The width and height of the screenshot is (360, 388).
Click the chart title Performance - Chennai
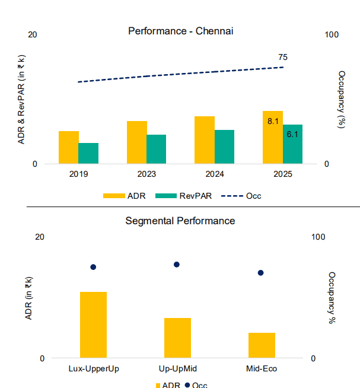(x=180, y=31)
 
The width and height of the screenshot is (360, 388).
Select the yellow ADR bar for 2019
(x=69, y=148)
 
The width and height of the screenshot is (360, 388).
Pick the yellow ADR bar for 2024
(x=205, y=141)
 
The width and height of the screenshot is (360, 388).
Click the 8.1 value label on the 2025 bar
(x=273, y=121)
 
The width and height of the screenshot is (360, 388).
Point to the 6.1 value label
(x=292, y=134)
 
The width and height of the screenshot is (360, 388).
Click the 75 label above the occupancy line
(x=283, y=58)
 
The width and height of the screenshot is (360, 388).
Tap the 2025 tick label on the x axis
(x=283, y=174)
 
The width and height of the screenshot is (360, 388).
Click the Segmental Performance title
(x=180, y=221)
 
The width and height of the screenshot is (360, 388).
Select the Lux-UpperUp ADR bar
(x=93, y=325)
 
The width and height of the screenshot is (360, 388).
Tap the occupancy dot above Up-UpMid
(x=176, y=265)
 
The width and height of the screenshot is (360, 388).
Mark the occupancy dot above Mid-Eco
(x=260, y=273)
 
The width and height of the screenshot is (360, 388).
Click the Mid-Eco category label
(x=262, y=368)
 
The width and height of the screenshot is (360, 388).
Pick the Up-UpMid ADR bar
(x=178, y=338)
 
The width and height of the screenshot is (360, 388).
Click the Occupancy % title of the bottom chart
(x=332, y=298)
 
